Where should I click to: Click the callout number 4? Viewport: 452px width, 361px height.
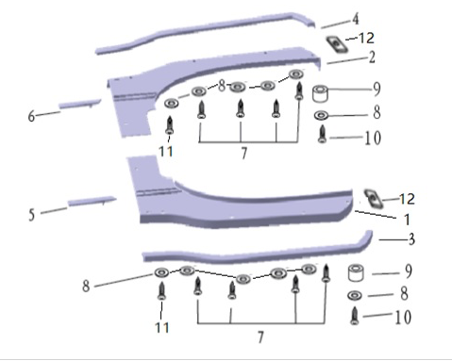click(355, 19)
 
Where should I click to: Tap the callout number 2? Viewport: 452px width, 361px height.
click(372, 57)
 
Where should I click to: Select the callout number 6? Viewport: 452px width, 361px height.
click(31, 116)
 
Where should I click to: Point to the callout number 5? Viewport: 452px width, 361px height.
click(31, 215)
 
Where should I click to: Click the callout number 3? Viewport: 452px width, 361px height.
click(411, 239)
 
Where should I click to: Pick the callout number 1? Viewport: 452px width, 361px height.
click(407, 220)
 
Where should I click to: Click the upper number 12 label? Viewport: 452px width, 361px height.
click(366, 38)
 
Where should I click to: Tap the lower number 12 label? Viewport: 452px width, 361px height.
click(407, 199)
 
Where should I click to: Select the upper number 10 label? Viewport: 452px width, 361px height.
click(373, 138)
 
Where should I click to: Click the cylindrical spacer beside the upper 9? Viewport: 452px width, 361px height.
click(320, 93)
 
